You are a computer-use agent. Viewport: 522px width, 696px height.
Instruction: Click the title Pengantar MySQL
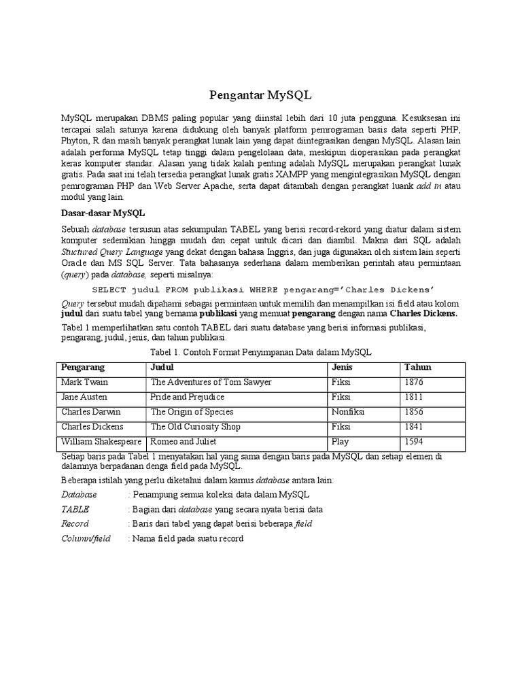click(260, 94)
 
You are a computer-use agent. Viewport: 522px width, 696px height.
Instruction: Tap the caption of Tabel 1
click(260, 352)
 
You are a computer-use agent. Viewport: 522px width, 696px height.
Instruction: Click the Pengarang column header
click(83, 367)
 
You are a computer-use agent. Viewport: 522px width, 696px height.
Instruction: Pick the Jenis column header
click(342, 367)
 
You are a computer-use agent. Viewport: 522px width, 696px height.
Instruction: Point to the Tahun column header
click(418, 367)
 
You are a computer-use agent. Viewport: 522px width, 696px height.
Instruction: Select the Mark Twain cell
click(81, 382)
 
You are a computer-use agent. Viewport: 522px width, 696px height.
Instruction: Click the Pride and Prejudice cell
click(187, 397)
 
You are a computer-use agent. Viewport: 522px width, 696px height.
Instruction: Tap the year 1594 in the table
click(415, 441)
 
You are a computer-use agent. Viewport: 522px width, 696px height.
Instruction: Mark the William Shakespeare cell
click(101, 441)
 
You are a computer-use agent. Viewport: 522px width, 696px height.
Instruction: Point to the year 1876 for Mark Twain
click(415, 382)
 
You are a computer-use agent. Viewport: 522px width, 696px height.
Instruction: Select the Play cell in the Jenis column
click(340, 441)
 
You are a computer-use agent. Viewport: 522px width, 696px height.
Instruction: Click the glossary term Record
click(75, 524)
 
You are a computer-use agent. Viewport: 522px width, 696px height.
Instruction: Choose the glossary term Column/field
click(86, 538)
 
